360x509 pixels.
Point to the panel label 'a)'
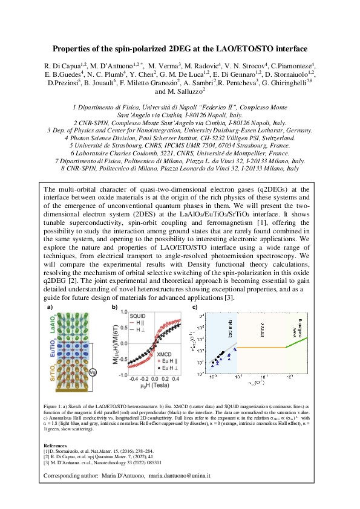pos(50,308)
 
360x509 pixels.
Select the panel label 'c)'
pos(195,308)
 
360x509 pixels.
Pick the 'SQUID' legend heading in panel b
pos(136,316)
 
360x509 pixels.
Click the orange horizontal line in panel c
pos(260,348)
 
